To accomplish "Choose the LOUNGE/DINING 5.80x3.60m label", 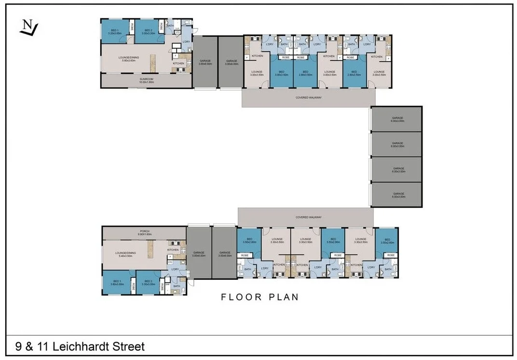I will coord(129,59).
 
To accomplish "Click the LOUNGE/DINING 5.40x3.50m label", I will coord(124,254).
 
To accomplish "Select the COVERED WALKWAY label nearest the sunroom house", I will coord(308,97).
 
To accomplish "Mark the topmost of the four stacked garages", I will coord(397,119).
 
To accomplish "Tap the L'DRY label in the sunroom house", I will coord(186,42).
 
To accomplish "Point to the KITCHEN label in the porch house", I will coord(173,249).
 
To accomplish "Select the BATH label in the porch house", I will coord(177,286).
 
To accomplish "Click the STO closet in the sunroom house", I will coord(177,33).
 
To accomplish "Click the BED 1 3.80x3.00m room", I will coord(117,283).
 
